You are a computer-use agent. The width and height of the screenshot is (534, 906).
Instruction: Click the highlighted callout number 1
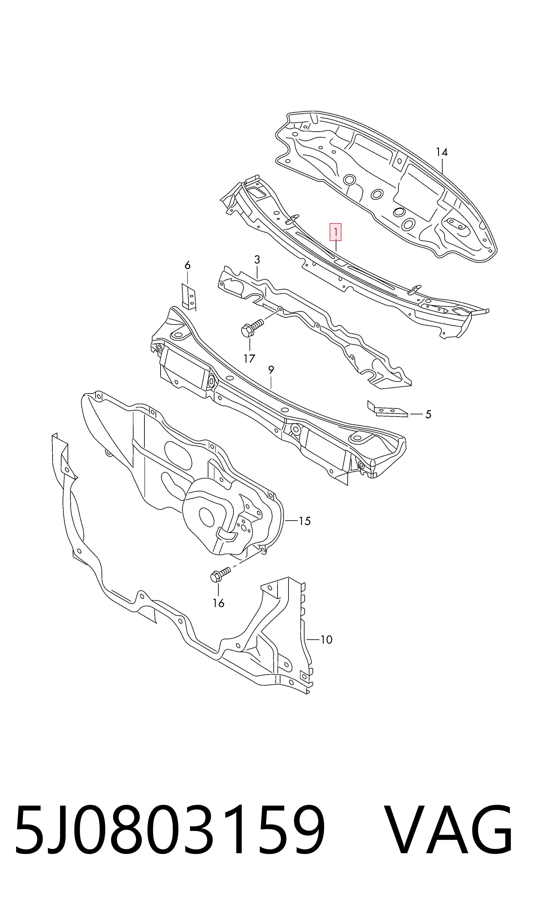(335, 232)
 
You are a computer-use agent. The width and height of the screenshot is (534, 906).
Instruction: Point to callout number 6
(188, 265)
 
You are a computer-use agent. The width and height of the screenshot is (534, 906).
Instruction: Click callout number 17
(249, 358)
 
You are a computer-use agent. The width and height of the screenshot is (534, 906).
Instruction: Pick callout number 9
(271, 369)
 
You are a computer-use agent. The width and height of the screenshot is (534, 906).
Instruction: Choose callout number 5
(428, 415)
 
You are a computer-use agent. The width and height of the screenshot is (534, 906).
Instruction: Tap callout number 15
(305, 521)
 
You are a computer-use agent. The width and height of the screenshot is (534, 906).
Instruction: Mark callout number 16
(219, 603)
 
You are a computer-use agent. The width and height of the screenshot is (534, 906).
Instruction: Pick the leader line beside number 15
(291, 521)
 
